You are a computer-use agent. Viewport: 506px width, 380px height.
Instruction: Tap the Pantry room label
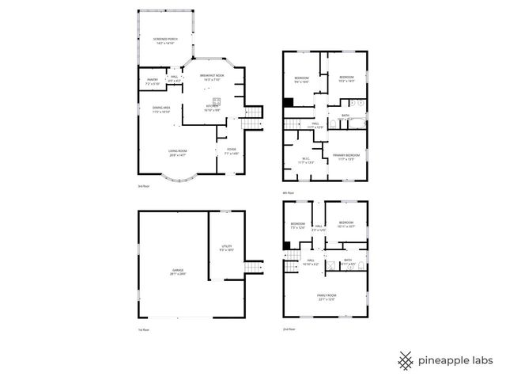pyautogui.click(x=153, y=82)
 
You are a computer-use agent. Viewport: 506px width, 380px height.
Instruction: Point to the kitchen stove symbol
pyautogui.click(x=214, y=100)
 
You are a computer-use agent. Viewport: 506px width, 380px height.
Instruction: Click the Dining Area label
pyautogui.click(x=152, y=110)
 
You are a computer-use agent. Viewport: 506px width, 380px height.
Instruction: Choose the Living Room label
pyautogui.click(x=177, y=153)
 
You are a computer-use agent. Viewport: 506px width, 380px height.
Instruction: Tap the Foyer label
pyautogui.click(x=232, y=151)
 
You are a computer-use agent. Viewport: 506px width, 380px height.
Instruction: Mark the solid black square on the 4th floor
pyautogui.click(x=289, y=102)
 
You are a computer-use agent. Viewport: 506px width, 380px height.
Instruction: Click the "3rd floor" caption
pyautogui.click(x=143, y=187)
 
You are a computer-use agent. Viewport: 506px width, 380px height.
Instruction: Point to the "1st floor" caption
pyautogui.click(x=143, y=329)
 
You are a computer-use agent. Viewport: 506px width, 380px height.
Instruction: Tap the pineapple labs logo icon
pyautogui.click(x=406, y=360)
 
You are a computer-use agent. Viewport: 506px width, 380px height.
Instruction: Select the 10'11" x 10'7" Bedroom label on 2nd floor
pyautogui.click(x=346, y=224)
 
